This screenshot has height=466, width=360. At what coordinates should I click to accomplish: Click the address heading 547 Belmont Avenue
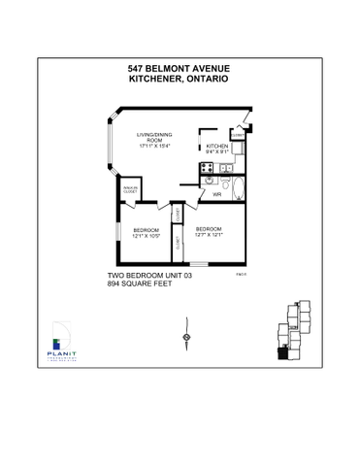pyautogui.click(x=180, y=69)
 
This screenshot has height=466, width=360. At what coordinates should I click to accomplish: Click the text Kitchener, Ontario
pyautogui.click(x=180, y=79)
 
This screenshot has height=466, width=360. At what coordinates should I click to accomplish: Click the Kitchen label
pyautogui.click(x=216, y=146)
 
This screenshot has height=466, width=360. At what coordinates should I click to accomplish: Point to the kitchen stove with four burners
pyautogui.click(x=207, y=166)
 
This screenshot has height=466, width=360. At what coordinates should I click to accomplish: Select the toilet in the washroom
pyautogui.click(x=224, y=183)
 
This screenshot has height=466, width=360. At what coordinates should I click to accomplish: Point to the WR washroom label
pyautogui.click(x=217, y=195)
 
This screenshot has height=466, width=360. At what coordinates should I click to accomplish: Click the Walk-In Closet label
pyautogui.click(x=128, y=189)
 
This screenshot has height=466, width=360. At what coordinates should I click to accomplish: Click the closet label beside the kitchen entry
pyautogui.click(x=237, y=135)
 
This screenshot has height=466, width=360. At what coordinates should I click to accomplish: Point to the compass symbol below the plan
pyautogui.click(x=184, y=338)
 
